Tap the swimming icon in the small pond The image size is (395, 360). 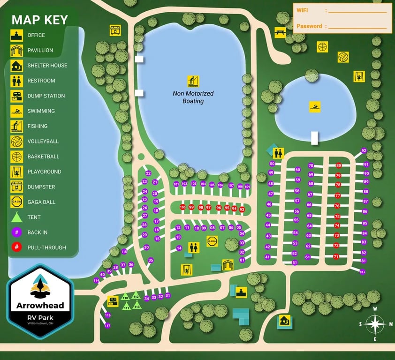pos(315,107)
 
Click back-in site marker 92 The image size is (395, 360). pos(364,151)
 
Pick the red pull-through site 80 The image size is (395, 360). pos(339,165)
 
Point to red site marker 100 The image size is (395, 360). pos(182,207)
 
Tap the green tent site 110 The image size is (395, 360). pos(125,297)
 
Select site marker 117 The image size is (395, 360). pos(107,325)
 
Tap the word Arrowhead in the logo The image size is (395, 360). pos(40,306)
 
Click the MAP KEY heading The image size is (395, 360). pos(40,20)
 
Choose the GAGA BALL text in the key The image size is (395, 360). pos(41,202)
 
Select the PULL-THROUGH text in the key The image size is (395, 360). pos(46,247)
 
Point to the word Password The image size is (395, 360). pos(309,26)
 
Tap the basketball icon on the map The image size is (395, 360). pos(322,46)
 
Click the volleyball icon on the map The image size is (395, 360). pos(343,57)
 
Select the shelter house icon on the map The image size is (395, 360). pos(284,322)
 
